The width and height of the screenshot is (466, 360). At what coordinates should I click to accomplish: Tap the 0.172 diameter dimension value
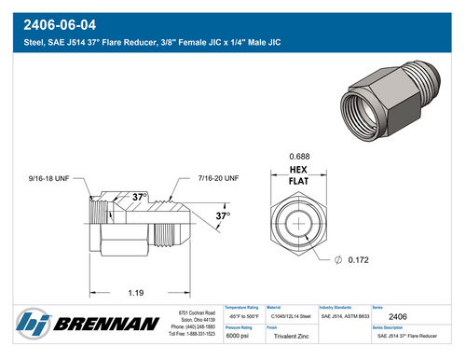click(361, 260)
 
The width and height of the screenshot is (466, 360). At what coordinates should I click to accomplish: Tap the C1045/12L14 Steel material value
click(290, 318)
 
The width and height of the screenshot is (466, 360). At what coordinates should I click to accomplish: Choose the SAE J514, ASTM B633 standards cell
click(344, 318)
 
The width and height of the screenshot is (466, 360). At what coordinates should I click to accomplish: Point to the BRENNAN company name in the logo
click(104, 325)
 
